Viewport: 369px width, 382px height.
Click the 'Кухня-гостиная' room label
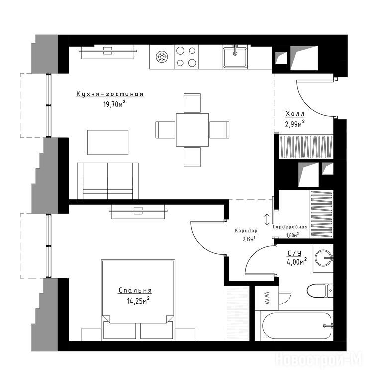pyautogui.click(x=109, y=94)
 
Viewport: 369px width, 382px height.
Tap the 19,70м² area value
pyautogui.click(x=114, y=104)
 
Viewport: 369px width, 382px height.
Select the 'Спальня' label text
pyautogui.click(x=135, y=290)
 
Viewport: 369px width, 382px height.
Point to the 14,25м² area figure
pyautogui.click(x=138, y=300)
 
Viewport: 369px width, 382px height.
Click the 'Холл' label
pyautogui.click(x=295, y=114)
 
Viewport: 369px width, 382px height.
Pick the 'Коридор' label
pyautogui.click(x=246, y=230)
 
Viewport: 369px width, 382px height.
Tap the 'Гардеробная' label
pyautogui.click(x=290, y=227)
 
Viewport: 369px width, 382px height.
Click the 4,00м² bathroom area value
pyautogui.click(x=297, y=262)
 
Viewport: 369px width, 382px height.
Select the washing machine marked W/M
pyautogui.click(x=267, y=298)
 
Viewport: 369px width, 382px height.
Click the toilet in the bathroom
pyautogui.click(x=320, y=290)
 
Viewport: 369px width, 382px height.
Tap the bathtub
pyautogui.click(x=296, y=326)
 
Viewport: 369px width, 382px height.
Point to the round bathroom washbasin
pyautogui.click(x=323, y=257)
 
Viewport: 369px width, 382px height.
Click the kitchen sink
pyautogui.click(x=235, y=57)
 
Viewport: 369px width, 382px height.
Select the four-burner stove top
pyautogui.click(x=186, y=57)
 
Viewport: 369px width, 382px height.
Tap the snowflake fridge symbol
pyautogui.click(x=162, y=57)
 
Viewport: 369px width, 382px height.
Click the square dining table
pyautogui.click(x=192, y=130)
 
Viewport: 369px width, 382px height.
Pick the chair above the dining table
pyautogui.click(x=192, y=102)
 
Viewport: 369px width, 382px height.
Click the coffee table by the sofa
pyautogui.click(x=107, y=142)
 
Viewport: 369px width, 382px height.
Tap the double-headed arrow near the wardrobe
pyautogui.click(x=267, y=219)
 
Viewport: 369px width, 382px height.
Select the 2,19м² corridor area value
pyautogui.click(x=249, y=239)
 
